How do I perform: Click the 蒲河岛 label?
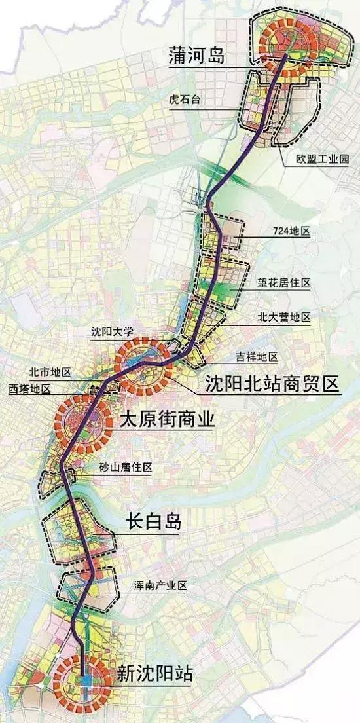(196, 57)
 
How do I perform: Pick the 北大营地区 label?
(283, 318)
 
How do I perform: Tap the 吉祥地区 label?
(257, 357)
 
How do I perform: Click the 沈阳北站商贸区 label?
(272, 383)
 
